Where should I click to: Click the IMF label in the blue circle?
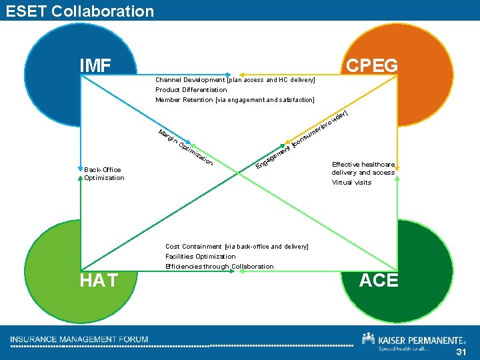tap(95, 65)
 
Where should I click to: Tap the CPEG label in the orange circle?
tap(372, 65)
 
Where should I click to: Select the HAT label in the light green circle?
tap(99, 281)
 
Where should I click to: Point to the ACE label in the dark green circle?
tap(378, 281)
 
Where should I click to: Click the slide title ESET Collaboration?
tap(79, 11)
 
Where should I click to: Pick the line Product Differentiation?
tap(191, 90)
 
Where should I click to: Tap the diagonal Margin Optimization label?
tap(186, 146)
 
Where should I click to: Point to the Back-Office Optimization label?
tap(104, 173)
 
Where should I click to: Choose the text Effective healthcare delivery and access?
tap(363, 168)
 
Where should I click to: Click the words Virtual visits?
tap(351, 182)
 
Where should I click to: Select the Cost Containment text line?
tap(237, 247)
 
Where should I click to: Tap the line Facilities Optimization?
tap(200, 256)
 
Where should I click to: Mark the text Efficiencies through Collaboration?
tap(219, 266)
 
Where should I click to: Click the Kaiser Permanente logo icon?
tap(368, 339)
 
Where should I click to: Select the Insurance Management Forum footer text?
tap(79, 339)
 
